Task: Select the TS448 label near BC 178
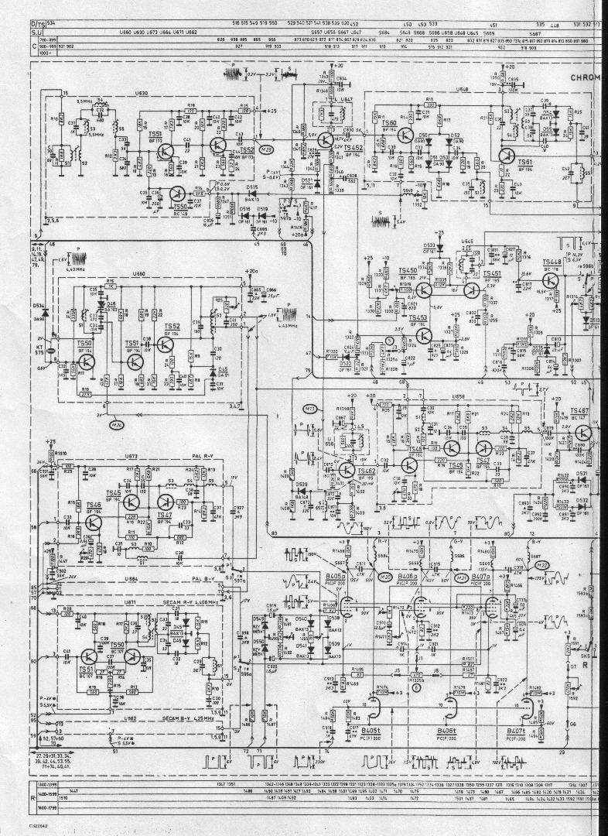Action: point(552,262)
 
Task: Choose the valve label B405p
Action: point(335,577)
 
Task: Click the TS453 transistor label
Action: point(418,318)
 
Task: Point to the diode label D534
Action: point(39,306)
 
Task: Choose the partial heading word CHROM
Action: point(587,77)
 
